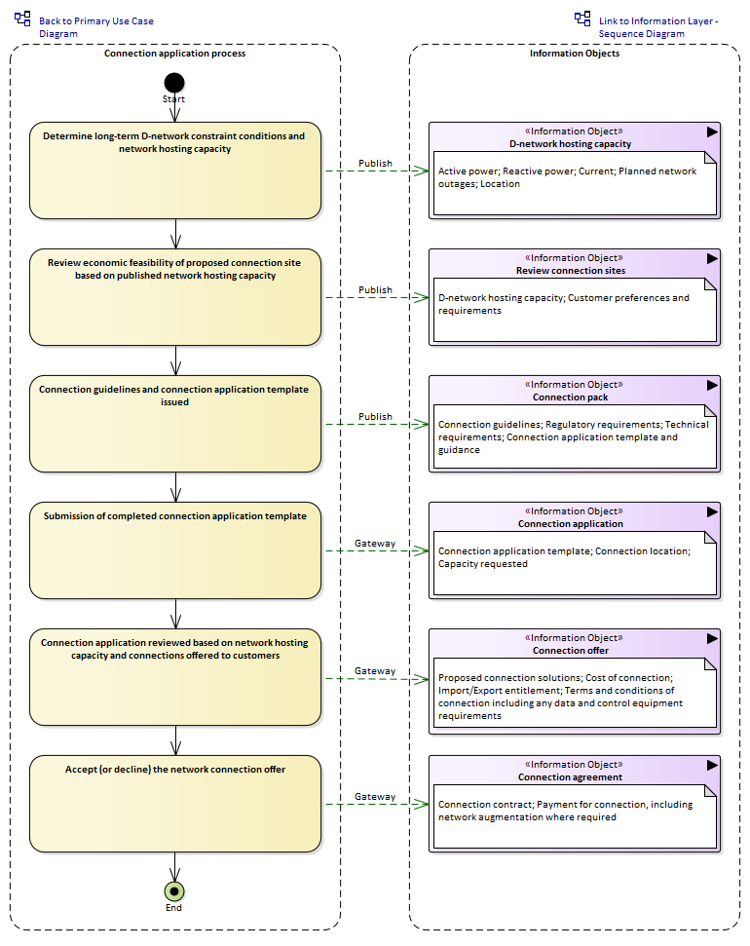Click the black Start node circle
(x=174, y=83)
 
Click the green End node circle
(x=174, y=891)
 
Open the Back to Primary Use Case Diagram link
(x=95, y=27)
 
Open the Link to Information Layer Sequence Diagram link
(x=658, y=27)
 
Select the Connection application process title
(x=175, y=53)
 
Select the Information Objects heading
(x=575, y=53)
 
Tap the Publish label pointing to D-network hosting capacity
(x=375, y=163)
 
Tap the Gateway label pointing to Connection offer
(x=375, y=671)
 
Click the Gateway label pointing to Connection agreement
(x=375, y=796)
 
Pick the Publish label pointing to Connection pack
(x=375, y=416)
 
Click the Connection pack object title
(x=570, y=397)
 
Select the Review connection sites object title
(x=571, y=270)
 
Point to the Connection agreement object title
(x=570, y=777)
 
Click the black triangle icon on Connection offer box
(x=713, y=638)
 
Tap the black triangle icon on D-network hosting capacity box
(x=713, y=132)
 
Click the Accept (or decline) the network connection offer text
(x=175, y=770)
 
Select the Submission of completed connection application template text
(x=175, y=515)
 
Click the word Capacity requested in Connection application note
(x=483, y=563)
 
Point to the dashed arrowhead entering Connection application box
(x=422, y=550)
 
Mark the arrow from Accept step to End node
(x=175, y=866)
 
